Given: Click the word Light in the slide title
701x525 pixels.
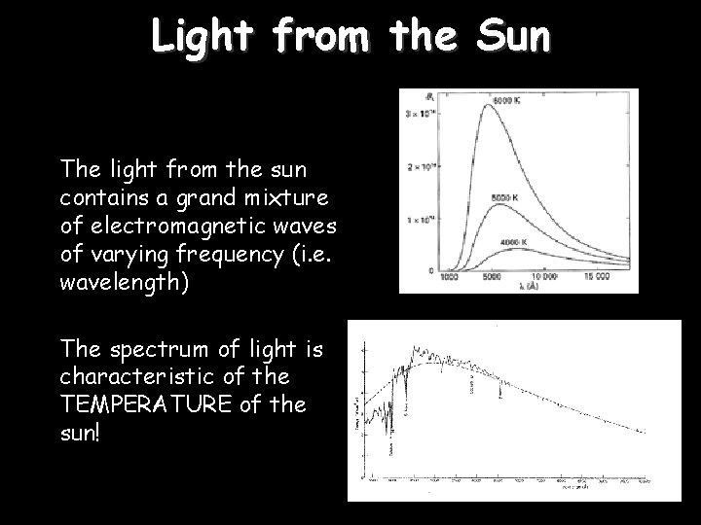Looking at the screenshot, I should click(204, 38).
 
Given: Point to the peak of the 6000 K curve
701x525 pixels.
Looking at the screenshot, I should click(488, 106).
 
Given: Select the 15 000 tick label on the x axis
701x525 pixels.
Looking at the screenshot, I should click(596, 277).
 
